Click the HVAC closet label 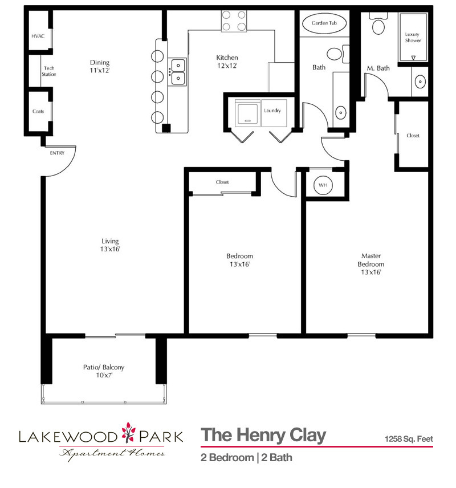[38, 36]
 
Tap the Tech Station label [49, 71]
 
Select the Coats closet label [38, 111]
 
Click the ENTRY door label [57, 153]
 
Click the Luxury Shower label [413, 37]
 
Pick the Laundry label [272, 111]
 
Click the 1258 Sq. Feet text [409, 439]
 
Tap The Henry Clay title [263, 436]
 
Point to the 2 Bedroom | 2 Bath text [246, 457]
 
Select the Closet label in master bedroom [413, 136]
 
